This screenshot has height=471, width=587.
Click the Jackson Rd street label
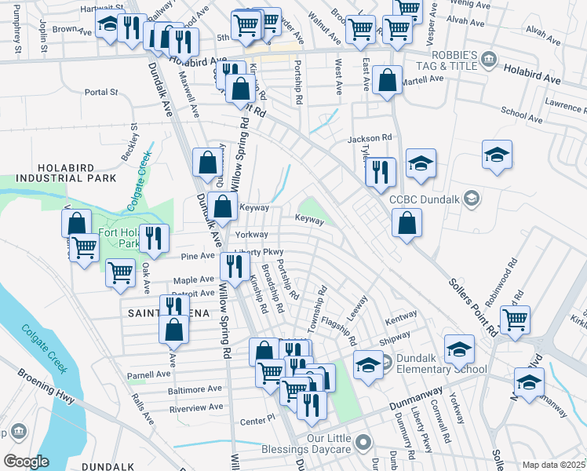[x=370, y=138]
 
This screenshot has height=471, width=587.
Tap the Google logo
[x=26, y=462]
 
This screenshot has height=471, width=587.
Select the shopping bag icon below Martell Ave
[x=388, y=80]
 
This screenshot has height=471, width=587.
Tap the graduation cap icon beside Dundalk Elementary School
[x=367, y=363]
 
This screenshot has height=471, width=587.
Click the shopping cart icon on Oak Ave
[x=121, y=272]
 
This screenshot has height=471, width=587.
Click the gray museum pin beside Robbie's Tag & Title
[x=489, y=60]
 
